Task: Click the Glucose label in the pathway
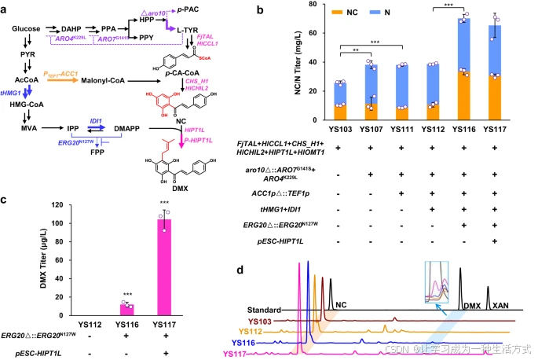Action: click(x=25, y=28)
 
